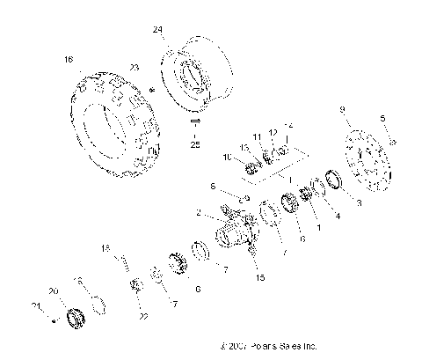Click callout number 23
coord(135,67)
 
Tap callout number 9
coord(342,109)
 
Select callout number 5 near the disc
coord(382,117)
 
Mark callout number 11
coord(258,138)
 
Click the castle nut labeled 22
coord(136,284)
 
